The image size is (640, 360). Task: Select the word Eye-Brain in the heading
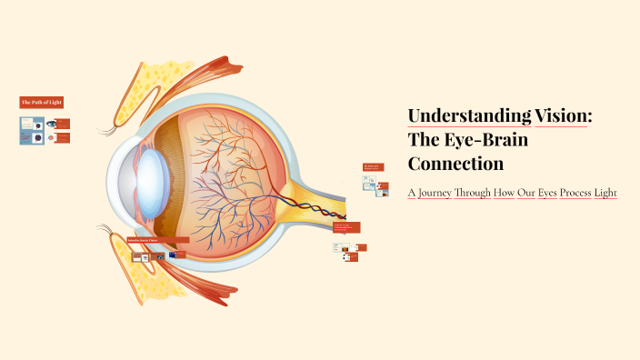(483, 140)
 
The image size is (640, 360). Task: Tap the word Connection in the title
(455, 164)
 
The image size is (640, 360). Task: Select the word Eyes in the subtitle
(521, 194)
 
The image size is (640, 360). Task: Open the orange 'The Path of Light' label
(42, 103)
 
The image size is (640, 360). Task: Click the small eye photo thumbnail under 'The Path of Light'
(52, 124)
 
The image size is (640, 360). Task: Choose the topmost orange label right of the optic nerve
(373, 167)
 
